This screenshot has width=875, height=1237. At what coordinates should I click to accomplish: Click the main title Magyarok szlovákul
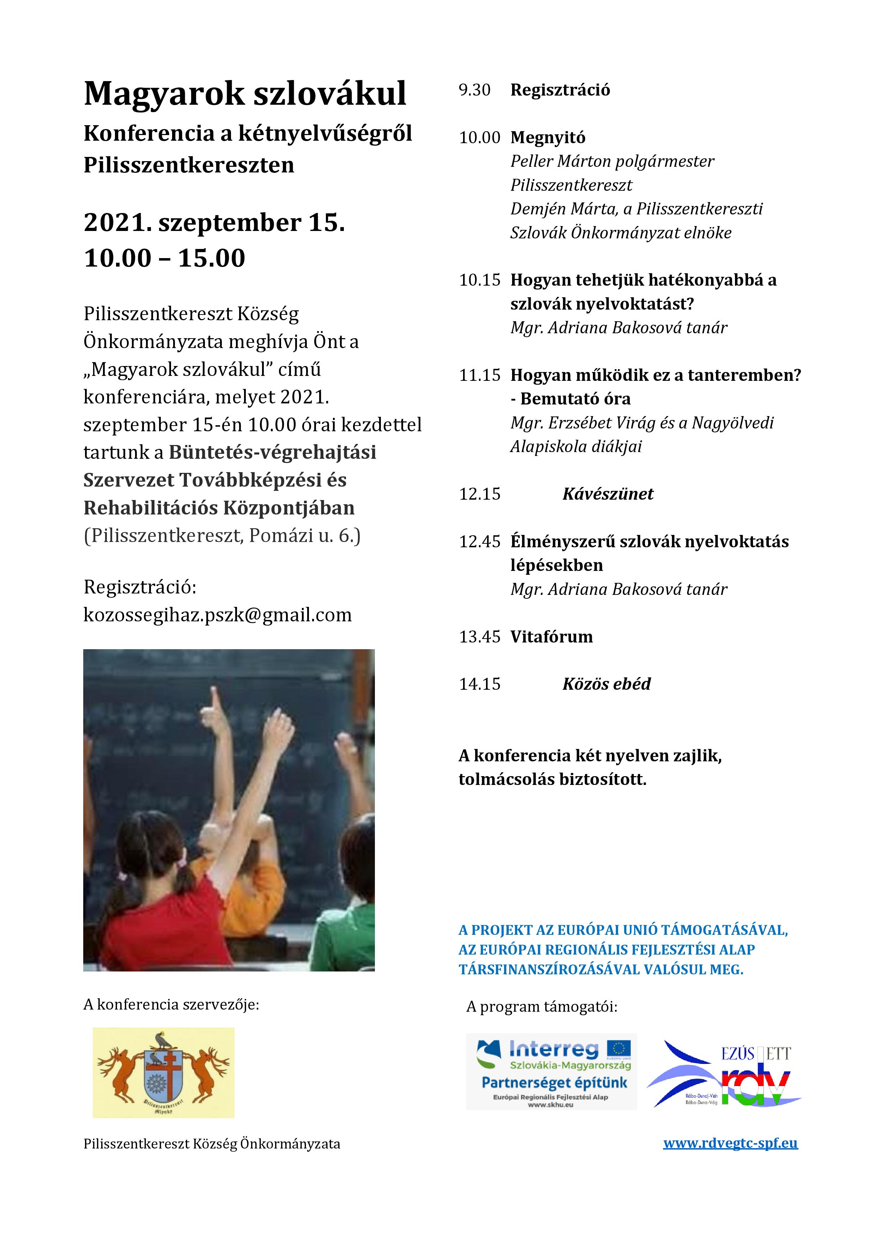pos(245,93)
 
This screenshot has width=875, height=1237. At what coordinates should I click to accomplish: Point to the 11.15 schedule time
pos(480,375)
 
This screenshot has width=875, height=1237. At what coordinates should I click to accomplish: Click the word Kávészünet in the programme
pos(607,494)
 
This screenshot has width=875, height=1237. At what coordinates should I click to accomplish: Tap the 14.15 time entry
pos(480,684)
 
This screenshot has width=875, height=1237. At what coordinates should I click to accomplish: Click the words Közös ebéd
pos(606,684)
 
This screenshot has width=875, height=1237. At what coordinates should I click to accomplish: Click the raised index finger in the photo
pos(217,702)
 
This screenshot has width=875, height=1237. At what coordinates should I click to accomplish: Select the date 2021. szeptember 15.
pos(214,223)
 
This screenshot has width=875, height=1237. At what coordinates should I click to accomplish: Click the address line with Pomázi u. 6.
pos(221,536)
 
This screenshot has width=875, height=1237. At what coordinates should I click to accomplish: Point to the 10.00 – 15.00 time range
pos(164,258)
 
